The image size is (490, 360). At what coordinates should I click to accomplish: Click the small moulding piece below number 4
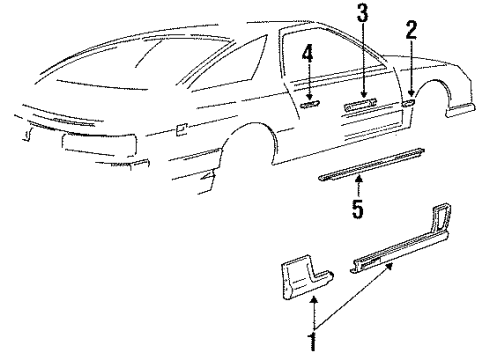coord(310,101)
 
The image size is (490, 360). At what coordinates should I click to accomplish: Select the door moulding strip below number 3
coord(361,102)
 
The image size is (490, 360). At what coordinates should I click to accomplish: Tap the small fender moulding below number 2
coord(409,100)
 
